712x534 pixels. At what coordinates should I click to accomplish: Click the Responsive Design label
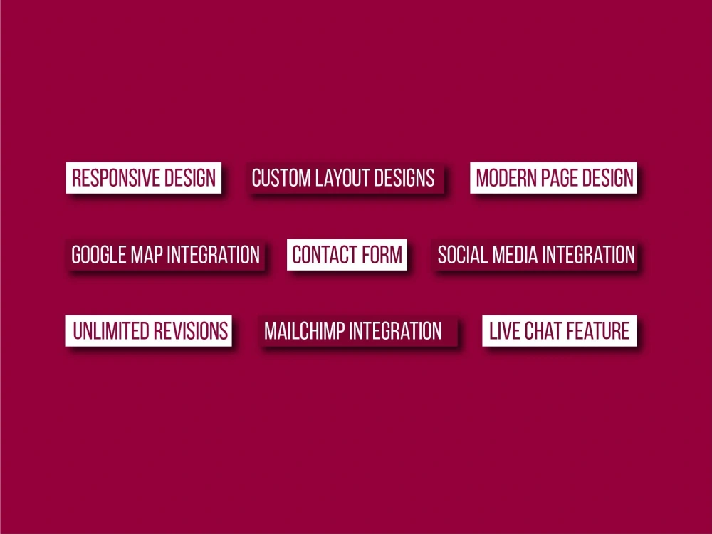pyautogui.click(x=144, y=177)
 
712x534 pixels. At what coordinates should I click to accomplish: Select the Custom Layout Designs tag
pyautogui.click(x=343, y=177)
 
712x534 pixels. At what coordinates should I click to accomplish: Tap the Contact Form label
pyautogui.click(x=347, y=254)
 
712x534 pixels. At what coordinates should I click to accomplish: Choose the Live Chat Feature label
pyautogui.click(x=559, y=331)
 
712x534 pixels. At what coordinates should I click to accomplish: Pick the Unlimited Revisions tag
pyautogui.click(x=150, y=331)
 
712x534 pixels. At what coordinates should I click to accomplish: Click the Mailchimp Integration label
pyautogui.click(x=353, y=331)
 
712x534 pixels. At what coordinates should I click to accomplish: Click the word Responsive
pyautogui.click(x=115, y=177)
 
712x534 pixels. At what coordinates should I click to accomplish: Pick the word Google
pyautogui.click(x=98, y=254)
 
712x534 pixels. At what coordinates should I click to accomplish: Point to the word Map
pyautogui.click(x=146, y=254)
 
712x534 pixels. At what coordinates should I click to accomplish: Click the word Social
pyautogui.click(x=459, y=254)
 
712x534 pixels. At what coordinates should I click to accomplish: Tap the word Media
pyautogui.click(x=508, y=254)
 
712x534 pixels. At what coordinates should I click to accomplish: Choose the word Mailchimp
pyautogui.click(x=305, y=331)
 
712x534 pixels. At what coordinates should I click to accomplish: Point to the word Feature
pyautogui.click(x=598, y=331)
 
